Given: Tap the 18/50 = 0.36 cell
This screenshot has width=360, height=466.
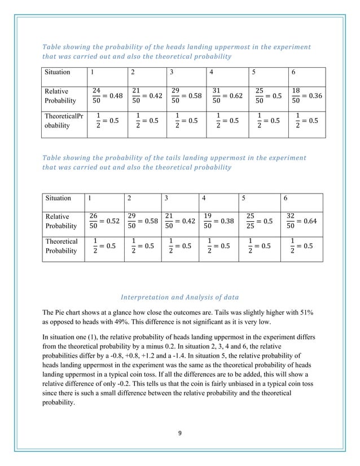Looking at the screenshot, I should point(306,96).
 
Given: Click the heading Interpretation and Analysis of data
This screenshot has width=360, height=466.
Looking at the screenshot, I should point(180,297).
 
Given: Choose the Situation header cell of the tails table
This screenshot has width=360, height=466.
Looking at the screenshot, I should point(59,198).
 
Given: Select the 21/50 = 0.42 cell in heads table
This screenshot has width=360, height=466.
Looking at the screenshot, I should point(146,96).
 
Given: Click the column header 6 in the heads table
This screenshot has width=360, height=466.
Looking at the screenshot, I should point(293,72).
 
